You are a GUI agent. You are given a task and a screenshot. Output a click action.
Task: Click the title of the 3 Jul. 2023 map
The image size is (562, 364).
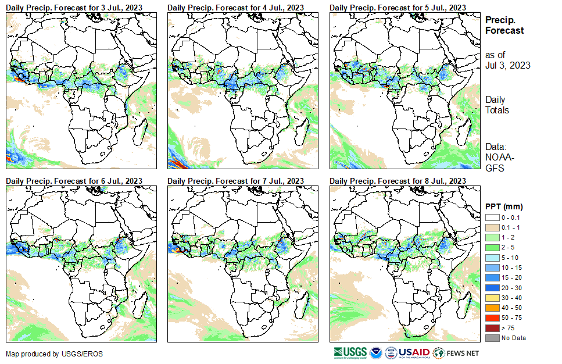point(74,7)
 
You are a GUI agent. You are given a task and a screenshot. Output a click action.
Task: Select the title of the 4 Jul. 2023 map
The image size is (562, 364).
point(235,7)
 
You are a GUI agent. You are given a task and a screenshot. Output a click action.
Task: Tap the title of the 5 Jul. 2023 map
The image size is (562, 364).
point(398,7)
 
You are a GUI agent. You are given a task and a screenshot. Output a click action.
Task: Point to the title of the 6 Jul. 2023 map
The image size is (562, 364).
point(74,181)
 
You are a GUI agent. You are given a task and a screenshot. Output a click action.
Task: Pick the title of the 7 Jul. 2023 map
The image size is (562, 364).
point(235,181)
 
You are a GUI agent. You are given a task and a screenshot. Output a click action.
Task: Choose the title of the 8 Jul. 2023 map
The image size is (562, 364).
point(398,181)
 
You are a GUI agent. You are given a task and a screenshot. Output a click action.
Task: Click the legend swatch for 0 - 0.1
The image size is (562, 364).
point(492,217)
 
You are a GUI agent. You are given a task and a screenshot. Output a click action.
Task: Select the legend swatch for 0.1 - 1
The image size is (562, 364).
point(492,227)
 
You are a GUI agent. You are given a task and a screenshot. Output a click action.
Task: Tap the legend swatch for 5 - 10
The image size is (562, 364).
point(492,257)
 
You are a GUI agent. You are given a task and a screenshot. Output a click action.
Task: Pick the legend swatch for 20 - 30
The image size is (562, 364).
point(492,287)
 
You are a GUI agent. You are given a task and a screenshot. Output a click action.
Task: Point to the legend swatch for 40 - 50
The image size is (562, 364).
point(492,308)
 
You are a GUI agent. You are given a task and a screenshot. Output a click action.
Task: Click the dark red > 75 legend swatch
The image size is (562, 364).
point(492,328)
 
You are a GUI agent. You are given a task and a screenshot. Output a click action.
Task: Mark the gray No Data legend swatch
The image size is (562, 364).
point(492,338)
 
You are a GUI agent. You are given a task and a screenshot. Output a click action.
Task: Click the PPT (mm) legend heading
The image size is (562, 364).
point(504,206)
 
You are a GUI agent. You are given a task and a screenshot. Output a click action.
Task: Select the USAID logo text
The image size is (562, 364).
point(414,352)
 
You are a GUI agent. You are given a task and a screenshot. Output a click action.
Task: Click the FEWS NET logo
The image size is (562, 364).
point(456,352)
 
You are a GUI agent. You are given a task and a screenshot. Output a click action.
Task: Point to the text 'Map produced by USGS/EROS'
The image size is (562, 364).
point(48,354)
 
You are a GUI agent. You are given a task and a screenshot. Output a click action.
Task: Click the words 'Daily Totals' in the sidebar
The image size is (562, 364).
point(497,105)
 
